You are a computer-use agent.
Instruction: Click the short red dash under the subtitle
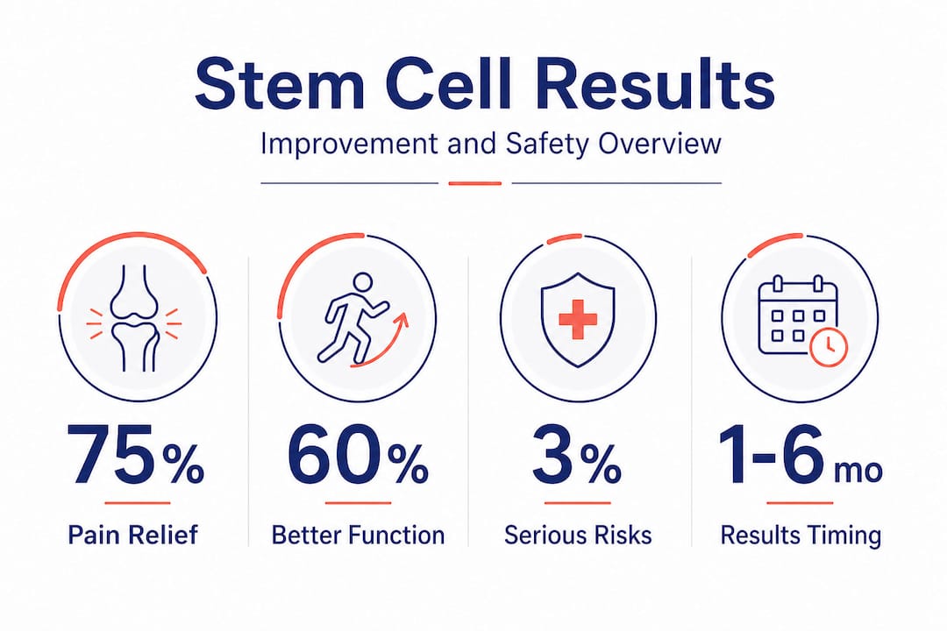[474, 183]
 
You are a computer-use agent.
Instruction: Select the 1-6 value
[769, 455]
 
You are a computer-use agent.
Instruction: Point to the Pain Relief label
[135, 535]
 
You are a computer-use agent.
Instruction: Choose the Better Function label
[358, 535]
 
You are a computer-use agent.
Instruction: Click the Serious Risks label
[578, 535]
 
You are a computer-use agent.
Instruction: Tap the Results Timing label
[801, 535]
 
